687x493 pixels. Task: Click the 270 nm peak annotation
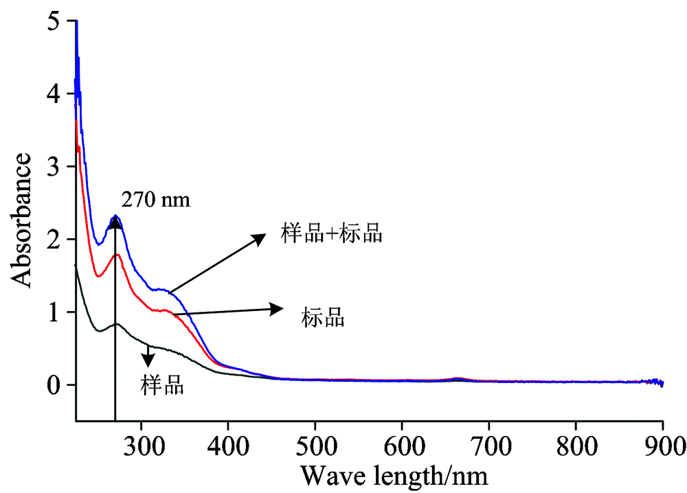pos(155,200)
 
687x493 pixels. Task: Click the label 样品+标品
pos(331,234)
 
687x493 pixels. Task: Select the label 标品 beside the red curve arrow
pos(323,318)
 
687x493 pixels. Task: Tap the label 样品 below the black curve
pos(163,385)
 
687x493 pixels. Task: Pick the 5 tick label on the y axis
pos(61,21)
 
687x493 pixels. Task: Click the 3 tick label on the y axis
pos(61,167)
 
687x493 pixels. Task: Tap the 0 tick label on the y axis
pos(61,385)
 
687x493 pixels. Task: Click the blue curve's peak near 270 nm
pos(115,216)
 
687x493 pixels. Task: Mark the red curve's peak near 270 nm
pos(117,255)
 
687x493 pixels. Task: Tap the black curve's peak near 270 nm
pos(117,324)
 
